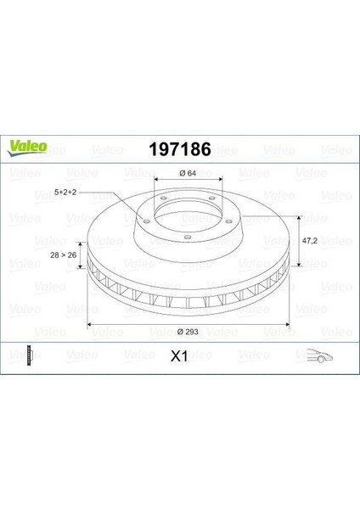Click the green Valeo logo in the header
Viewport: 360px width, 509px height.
27,148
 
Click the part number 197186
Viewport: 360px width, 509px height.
180,149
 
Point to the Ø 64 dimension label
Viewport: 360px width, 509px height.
188,173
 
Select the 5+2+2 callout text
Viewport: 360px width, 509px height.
65,193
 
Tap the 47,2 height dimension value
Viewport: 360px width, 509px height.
310,241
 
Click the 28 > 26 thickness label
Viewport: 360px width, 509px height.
64,255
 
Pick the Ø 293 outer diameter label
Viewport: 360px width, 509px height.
188,332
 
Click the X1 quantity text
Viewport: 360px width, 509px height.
179,357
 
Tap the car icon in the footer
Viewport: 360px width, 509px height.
320,355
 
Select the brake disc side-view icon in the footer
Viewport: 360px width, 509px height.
30,355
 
